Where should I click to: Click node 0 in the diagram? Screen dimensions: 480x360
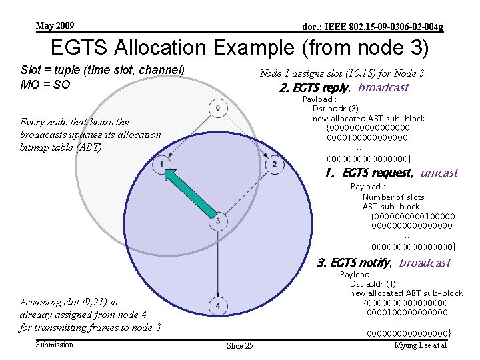tap(217, 108)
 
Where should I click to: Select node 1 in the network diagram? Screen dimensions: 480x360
tap(161, 164)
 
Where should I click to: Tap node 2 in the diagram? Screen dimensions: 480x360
tap(273, 164)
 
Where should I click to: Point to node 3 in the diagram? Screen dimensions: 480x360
tap(217, 220)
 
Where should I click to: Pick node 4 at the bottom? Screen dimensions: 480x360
tap(217, 306)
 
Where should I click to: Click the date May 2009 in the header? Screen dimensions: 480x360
tap(55, 26)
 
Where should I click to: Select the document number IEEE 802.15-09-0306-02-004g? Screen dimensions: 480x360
tap(373, 27)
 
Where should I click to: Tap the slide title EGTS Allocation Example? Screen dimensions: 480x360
tap(239, 48)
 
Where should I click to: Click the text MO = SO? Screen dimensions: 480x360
tap(46, 85)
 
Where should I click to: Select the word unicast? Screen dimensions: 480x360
tap(439, 173)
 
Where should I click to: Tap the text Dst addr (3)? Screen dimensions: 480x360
tap(335, 109)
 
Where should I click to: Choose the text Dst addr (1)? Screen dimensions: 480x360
tap(373, 284)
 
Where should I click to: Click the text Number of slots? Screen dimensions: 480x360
tap(393, 197)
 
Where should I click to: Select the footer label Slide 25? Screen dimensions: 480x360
tap(239, 346)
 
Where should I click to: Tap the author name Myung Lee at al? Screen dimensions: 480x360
tap(419, 345)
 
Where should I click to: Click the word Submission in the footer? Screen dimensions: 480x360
tap(55, 345)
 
